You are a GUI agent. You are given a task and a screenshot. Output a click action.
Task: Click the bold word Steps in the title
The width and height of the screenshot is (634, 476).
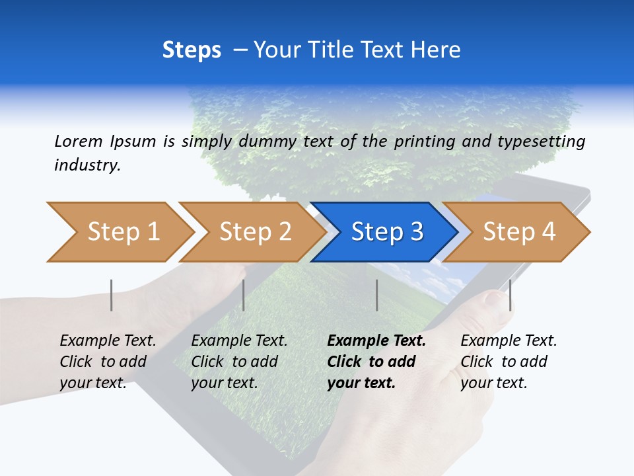tap(192, 50)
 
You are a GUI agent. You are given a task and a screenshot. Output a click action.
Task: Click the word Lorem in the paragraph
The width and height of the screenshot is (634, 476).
tap(79, 141)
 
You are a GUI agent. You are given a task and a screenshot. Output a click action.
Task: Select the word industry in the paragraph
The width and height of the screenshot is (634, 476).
tap(87, 165)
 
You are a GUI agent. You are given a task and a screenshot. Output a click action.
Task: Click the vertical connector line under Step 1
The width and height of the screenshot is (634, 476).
tap(112, 295)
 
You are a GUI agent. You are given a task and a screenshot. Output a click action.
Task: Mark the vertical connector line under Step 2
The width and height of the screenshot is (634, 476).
tap(244, 295)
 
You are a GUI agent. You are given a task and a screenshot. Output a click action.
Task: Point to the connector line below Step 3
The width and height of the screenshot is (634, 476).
tap(377, 295)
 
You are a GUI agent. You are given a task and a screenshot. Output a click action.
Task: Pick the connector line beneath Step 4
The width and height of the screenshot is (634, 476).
tap(510, 295)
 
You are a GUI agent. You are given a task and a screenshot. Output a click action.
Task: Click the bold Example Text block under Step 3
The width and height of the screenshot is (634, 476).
tap(376, 362)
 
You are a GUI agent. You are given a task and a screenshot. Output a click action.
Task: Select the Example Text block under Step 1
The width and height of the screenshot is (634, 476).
tap(108, 362)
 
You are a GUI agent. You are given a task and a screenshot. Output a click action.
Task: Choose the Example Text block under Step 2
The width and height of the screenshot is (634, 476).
tap(239, 362)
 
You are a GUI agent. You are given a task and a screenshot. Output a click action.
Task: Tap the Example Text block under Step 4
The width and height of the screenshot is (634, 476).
tap(509, 362)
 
